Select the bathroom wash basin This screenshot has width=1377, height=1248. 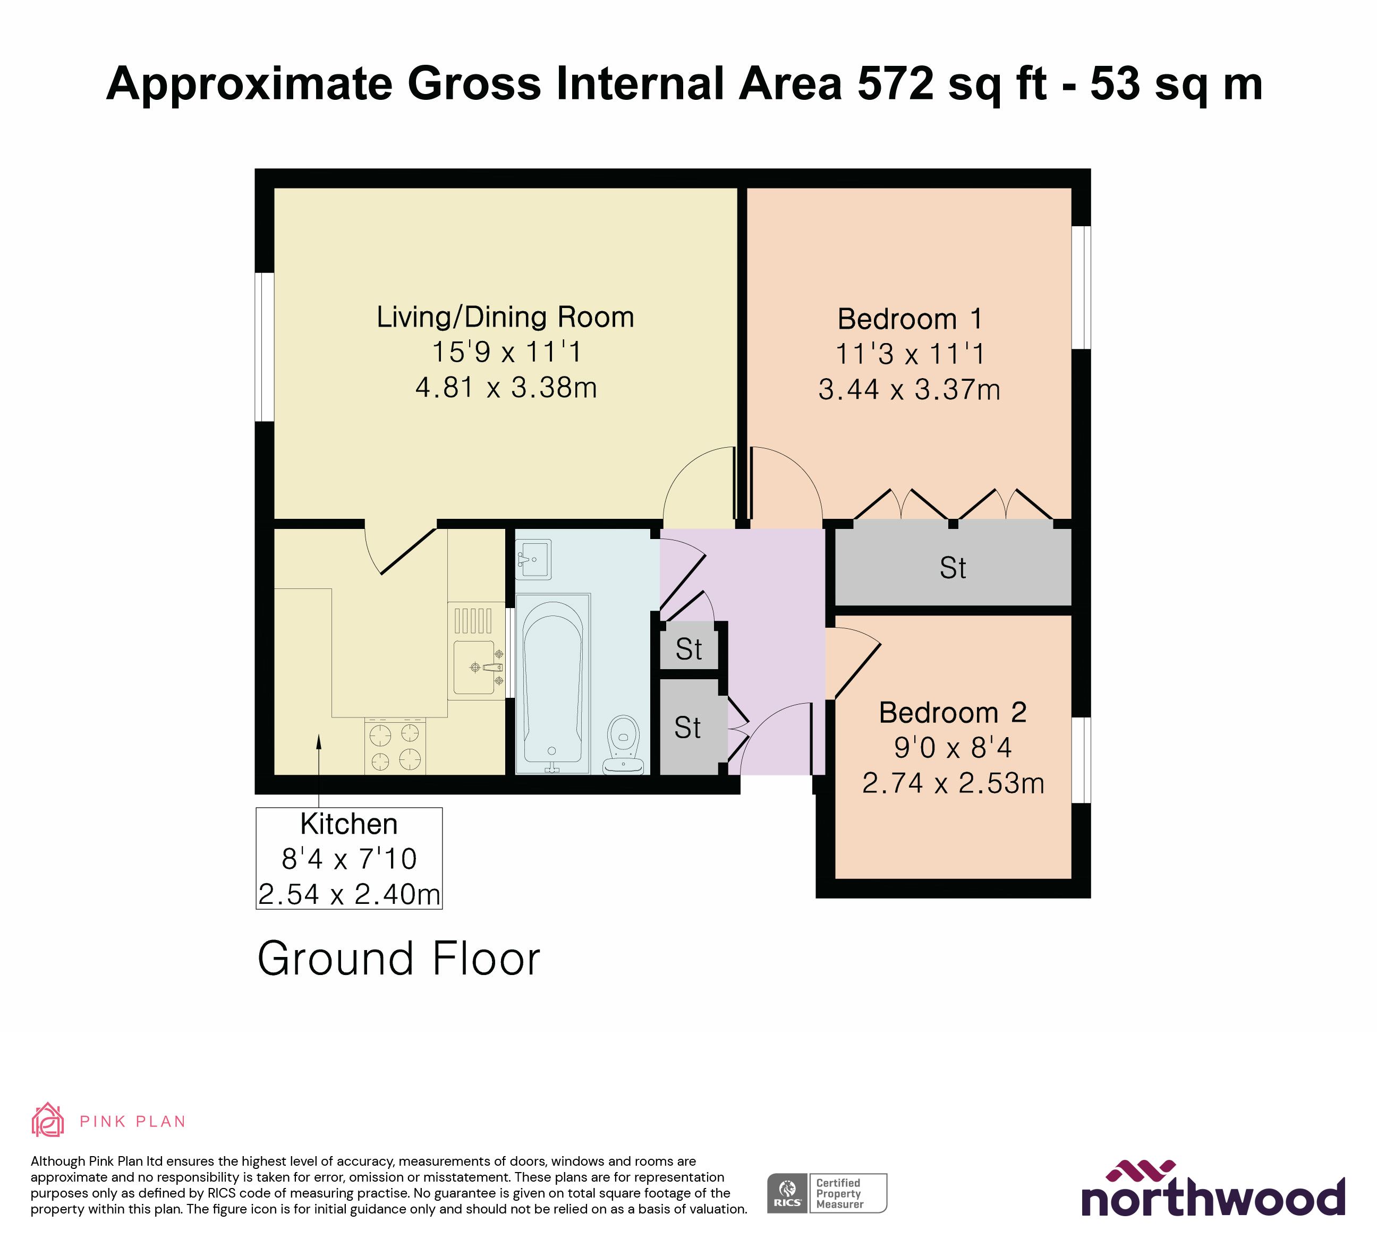coord(533,559)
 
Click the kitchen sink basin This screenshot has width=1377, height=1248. coord(473,666)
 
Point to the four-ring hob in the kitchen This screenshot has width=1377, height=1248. coord(395,747)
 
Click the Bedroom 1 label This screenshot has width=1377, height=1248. coord(909,319)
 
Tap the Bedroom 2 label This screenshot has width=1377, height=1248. coord(952,712)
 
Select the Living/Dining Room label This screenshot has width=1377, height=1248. coord(505,317)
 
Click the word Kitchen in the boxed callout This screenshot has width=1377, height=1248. coord(349,824)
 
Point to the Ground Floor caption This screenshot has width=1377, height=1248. coord(399,959)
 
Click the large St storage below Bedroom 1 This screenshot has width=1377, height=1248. coord(953,567)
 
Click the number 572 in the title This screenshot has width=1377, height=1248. coord(895,83)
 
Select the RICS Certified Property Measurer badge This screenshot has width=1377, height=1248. coord(827,1193)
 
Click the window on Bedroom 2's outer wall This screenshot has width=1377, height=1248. coord(1081,760)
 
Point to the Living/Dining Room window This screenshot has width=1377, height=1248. coord(265,347)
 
